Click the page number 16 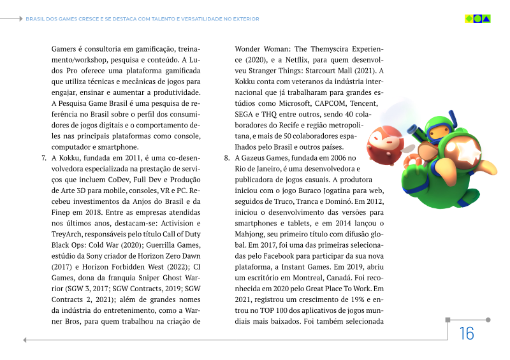click(466, 333)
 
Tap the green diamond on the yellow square click(469, 18)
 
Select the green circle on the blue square click(477, 18)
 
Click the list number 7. click(43, 157)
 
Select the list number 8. click(226, 157)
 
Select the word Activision click(175, 223)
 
